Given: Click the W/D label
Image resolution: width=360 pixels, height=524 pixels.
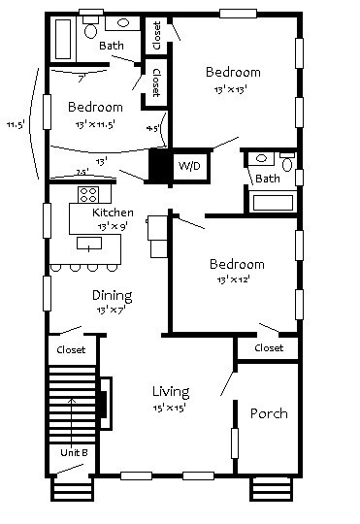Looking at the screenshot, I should coord(188,167).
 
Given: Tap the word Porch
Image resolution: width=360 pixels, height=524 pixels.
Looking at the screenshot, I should coord(269,413).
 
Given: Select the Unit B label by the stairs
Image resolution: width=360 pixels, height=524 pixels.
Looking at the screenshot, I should coord(74,453).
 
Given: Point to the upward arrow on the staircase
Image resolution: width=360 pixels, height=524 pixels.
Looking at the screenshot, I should coord(74,417).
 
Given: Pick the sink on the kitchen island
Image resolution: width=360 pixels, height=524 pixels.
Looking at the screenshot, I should coord(91,243).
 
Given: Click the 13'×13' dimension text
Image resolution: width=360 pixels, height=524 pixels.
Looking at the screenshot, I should coord(232,90).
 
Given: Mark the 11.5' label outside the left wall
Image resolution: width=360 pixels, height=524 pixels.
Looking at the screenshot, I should coord(15,124).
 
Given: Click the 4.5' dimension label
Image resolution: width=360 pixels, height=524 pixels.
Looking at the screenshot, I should coord(152,127).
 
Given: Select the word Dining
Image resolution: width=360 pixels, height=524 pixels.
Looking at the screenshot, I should coord(112,295).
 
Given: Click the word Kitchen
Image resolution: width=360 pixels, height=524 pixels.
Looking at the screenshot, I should coord(113,213).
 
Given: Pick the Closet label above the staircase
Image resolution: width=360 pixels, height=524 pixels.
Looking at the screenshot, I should coord(71,349).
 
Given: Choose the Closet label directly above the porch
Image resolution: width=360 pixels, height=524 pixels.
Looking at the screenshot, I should coord(269,347).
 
